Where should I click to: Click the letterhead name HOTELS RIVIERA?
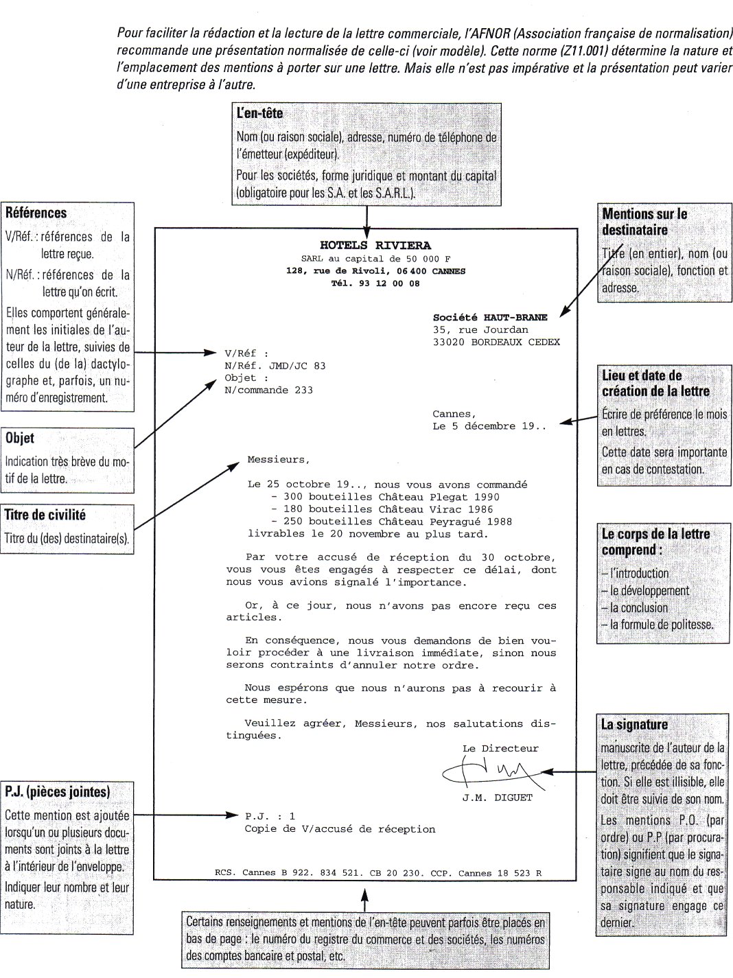375,245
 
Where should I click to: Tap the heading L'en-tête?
259,113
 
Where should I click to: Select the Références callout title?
36,213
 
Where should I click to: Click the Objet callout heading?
19,438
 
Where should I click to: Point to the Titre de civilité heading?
45,515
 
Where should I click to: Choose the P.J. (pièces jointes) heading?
57,791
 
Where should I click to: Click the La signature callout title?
633,724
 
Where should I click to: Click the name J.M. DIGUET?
497,797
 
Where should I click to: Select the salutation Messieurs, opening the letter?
278,460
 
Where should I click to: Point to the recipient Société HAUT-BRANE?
490,318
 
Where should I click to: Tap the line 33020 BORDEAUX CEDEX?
496,342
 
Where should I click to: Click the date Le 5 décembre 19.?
489,426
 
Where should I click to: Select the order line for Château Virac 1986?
385,509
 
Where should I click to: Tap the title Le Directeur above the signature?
500,748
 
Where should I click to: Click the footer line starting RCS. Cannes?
378,873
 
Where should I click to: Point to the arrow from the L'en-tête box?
366,218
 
